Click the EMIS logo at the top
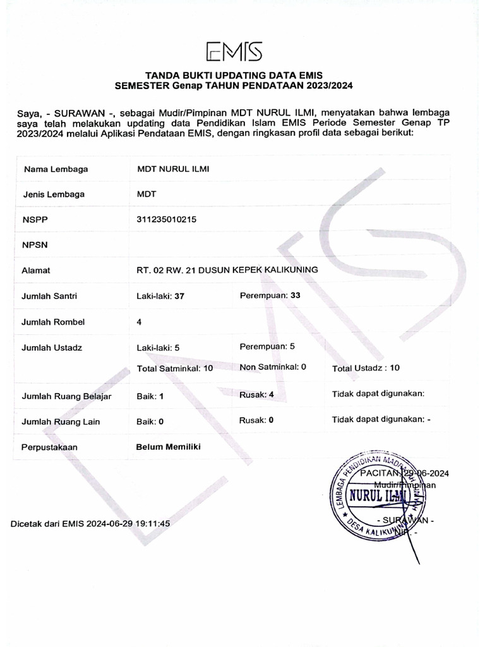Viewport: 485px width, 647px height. pos(234,51)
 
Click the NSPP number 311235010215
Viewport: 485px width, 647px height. pos(167,219)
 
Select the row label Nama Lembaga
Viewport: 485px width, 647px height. pos(56,169)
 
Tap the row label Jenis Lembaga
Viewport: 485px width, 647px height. pos(53,195)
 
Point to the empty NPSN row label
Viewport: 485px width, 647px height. pos(35,245)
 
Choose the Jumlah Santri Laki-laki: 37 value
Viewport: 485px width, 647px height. pos(160,296)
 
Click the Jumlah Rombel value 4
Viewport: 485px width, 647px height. pos(139,322)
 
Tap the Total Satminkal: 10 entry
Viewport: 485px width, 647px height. pos(175,368)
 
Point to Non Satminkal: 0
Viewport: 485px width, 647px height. pos(273,366)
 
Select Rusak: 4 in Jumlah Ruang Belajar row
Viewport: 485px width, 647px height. pos(256,395)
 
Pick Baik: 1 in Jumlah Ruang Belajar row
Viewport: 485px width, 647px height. pos(150,396)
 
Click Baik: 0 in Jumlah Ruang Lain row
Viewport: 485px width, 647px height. pos(150,421)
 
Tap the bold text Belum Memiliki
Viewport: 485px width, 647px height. pos(168,447)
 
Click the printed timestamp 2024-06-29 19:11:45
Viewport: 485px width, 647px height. pos(129,523)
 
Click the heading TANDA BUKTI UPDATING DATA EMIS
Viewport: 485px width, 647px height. pos(234,75)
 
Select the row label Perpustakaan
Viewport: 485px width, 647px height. pos(49,447)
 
